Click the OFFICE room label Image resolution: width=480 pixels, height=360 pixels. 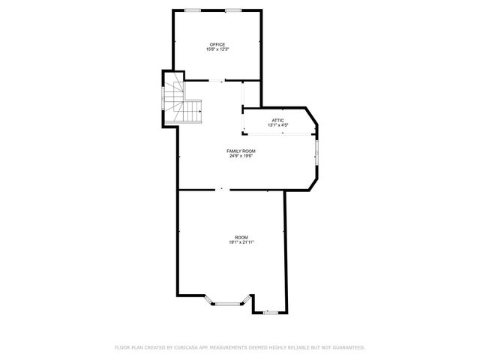[217, 44]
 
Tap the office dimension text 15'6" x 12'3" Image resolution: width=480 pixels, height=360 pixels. [217, 49]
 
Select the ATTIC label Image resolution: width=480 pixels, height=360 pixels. [277, 120]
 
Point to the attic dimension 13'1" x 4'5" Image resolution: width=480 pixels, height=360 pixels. [277, 125]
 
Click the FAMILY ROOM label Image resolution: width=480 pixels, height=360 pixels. [241, 151]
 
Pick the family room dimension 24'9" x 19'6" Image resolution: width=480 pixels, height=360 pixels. [241, 156]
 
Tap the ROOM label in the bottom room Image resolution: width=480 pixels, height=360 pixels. [241, 237]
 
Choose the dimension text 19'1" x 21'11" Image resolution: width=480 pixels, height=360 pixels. [241, 242]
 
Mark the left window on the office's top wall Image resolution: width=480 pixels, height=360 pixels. [193, 10]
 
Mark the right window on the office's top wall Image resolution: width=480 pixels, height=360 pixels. [233, 10]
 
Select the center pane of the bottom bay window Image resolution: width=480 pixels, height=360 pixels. [226, 304]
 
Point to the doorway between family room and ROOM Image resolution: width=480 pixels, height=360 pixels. [221, 189]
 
